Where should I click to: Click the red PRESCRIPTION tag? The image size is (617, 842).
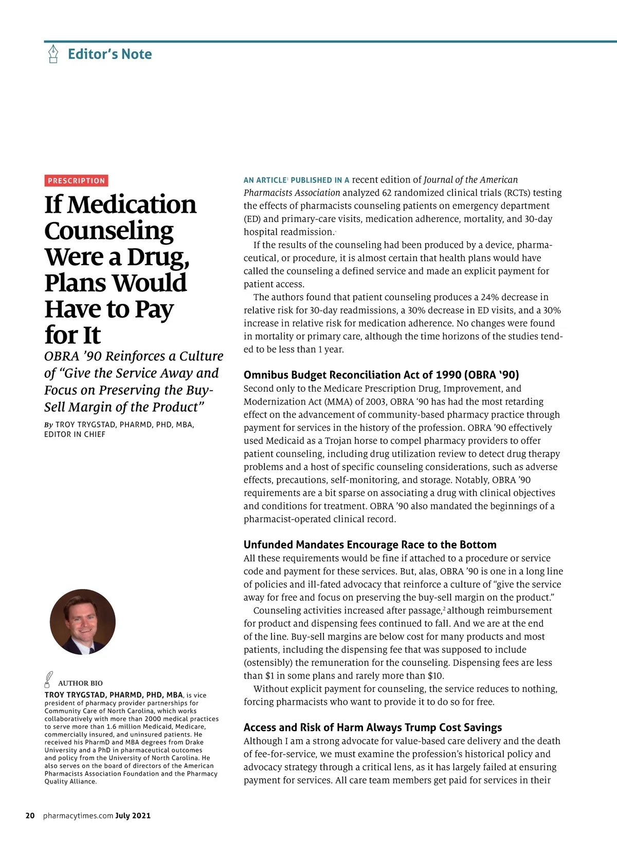76,180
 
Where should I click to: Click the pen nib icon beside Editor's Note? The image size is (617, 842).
53,53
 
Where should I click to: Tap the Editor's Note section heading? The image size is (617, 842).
110,54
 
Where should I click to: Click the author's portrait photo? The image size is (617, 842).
83,622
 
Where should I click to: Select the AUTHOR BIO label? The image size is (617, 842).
80,683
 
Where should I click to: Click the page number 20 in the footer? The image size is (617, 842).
30,815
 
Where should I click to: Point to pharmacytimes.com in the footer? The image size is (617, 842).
78,815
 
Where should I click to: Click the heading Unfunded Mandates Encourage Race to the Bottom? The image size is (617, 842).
370,544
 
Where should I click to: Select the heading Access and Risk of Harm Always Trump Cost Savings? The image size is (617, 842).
372,727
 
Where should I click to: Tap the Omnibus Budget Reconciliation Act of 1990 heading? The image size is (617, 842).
381,375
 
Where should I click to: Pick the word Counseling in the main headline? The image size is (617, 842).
109,231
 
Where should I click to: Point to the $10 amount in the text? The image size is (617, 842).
435,675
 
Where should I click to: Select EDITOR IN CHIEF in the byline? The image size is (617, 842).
75,434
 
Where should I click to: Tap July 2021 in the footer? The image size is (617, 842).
133,815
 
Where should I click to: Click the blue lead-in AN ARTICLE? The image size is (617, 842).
264,180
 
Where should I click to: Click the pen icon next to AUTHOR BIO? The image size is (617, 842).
48,680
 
